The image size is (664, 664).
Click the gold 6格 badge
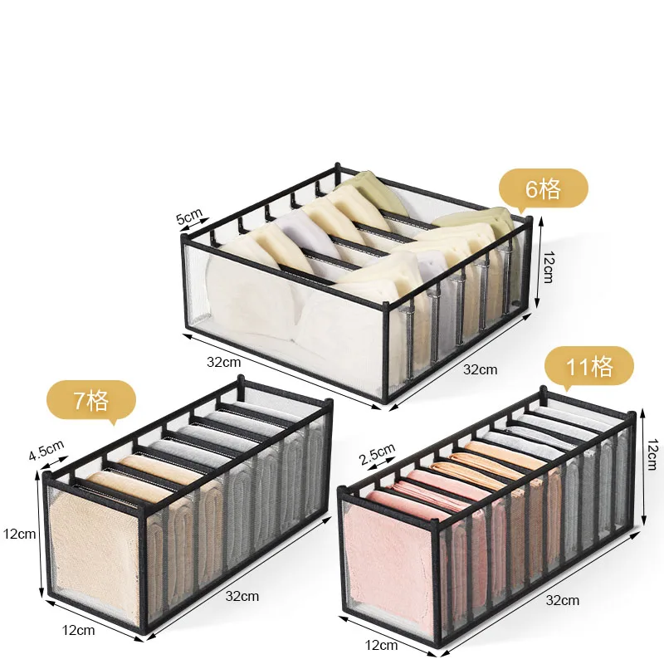[544, 189]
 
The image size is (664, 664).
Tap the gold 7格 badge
[91, 400]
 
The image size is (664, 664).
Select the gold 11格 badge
[589, 367]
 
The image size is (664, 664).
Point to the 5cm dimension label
[189, 216]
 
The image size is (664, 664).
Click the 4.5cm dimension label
[46, 450]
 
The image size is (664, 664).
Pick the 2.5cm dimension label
[377, 453]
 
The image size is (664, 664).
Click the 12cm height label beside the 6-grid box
[548, 266]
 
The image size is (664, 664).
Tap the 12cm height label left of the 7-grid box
[19, 534]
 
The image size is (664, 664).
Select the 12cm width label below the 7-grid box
[78, 630]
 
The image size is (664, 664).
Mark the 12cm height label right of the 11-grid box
[652, 454]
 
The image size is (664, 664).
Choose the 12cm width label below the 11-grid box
[381, 645]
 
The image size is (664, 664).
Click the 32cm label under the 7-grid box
[242, 596]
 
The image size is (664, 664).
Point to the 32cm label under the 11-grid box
[563, 600]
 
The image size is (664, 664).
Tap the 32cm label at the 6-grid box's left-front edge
[223, 362]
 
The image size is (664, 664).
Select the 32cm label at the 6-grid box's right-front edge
[481, 369]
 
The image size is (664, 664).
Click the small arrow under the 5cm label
[195, 226]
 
